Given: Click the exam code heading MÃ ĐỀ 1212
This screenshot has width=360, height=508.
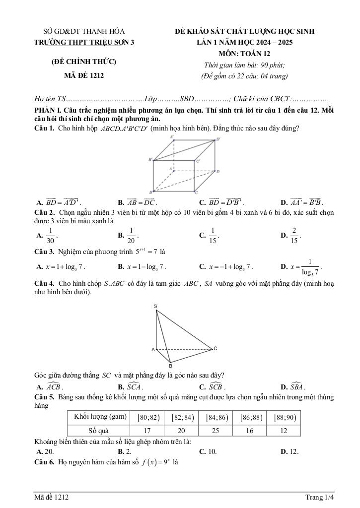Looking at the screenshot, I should [84, 75].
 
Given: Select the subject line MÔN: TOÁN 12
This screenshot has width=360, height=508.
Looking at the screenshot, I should [244, 54].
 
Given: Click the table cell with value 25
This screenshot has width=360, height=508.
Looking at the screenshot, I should [216, 431].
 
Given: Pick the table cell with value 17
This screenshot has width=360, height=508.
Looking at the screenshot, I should [147, 431].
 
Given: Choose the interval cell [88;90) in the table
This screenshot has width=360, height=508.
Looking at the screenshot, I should [285, 417].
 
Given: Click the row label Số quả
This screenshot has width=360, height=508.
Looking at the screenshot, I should [98, 431].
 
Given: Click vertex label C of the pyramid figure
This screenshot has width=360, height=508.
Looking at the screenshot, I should [216, 348].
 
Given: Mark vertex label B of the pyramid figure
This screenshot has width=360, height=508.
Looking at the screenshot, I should [170, 366].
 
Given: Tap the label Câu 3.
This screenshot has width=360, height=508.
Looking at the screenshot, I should [44, 252].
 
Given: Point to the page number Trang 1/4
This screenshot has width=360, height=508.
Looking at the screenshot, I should [320, 497].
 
